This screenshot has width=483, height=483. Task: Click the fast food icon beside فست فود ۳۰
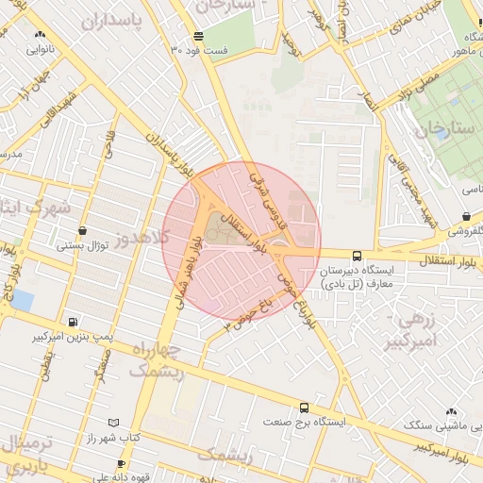[197, 36]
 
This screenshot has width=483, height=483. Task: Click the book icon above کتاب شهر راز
[114, 424]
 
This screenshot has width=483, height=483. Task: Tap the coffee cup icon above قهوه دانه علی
[121, 463]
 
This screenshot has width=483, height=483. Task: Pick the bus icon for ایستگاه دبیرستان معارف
[356, 256]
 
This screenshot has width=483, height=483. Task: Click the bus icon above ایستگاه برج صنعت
[304, 408]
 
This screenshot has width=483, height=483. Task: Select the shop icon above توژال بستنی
[83, 230]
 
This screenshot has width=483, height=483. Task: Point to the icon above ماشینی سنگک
[450, 411]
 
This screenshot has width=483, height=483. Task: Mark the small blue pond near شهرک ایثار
[23, 301]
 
